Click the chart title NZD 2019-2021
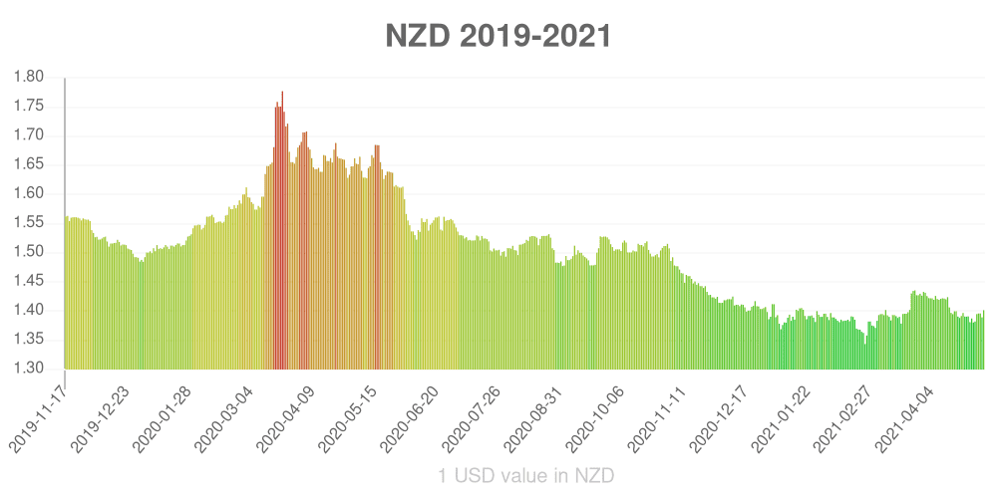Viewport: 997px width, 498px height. coord(498,36)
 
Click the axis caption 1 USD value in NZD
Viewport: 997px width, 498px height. coord(526,476)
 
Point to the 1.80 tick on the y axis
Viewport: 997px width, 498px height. coord(31,77)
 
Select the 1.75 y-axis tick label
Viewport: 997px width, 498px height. coord(31,107)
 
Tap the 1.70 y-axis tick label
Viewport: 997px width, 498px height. coord(31,135)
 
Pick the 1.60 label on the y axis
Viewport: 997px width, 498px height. coord(31,194)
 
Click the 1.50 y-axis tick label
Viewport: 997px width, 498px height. coord(31,252)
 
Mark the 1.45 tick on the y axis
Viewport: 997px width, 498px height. coord(31,282)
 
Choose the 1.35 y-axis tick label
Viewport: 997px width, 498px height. coord(31,340)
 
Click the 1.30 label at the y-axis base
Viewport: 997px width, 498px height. coord(31,369)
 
